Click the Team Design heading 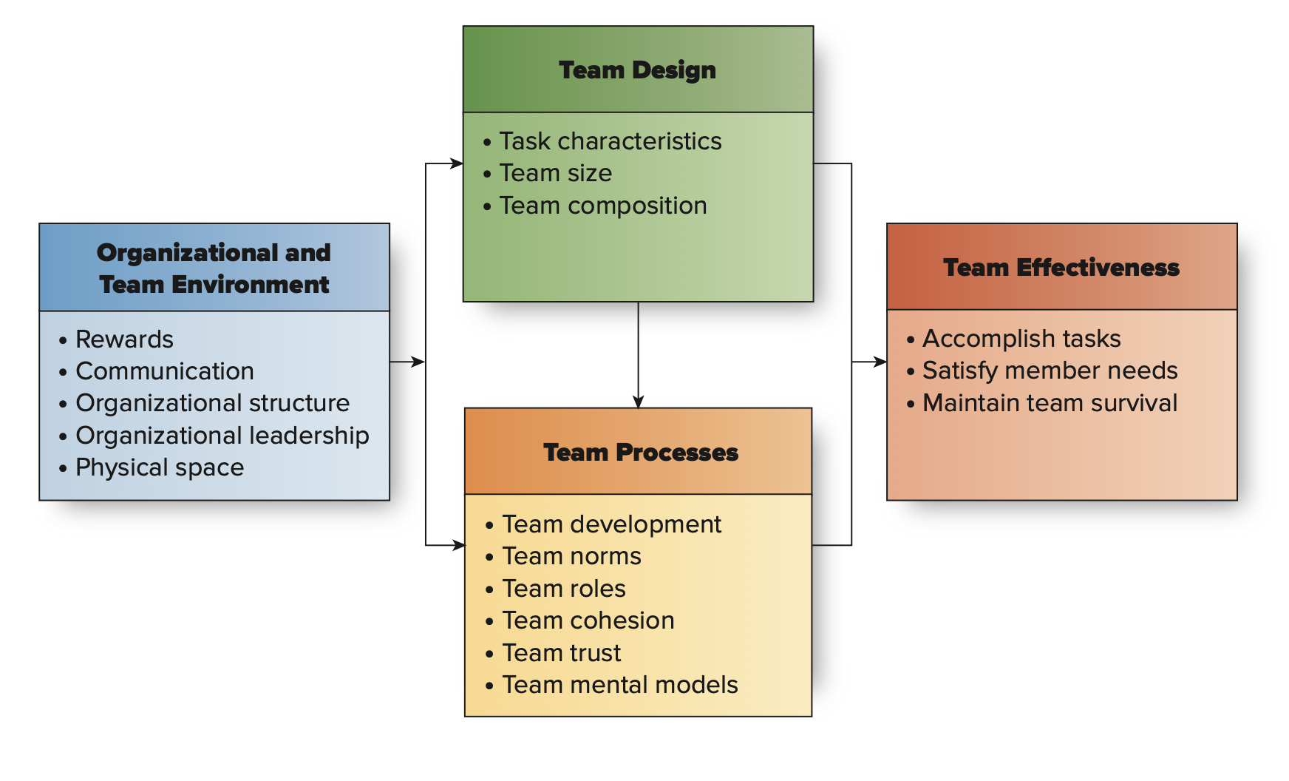pyautogui.click(x=637, y=70)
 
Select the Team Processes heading pyautogui.click(x=640, y=453)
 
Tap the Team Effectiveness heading pyautogui.click(x=1061, y=268)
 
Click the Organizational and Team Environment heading pyautogui.click(x=214, y=268)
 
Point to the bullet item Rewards pyautogui.click(x=124, y=339)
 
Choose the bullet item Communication pyautogui.click(x=164, y=371)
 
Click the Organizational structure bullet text pyautogui.click(x=212, y=403)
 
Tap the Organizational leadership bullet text pyautogui.click(x=222, y=436)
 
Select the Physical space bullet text pyautogui.click(x=160, y=467)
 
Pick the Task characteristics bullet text pyautogui.click(x=610, y=141)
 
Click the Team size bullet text pyautogui.click(x=555, y=173)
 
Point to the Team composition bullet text pyautogui.click(x=602, y=206)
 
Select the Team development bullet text pyautogui.click(x=611, y=524)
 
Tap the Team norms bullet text pyautogui.click(x=571, y=556)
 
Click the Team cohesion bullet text pyautogui.click(x=588, y=621)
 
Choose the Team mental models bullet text pyautogui.click(x=619, y=685)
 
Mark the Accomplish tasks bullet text pyautogui.click(x=1021, y=339)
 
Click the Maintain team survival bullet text pyautogui.click(x=1050, y=403)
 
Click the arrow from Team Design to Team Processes pyautogui.click(x=638, y=355)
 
